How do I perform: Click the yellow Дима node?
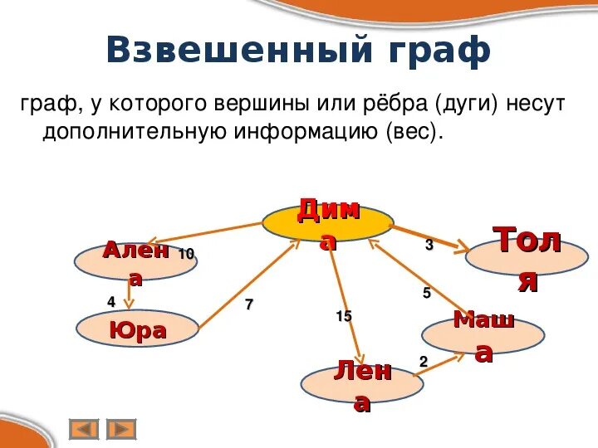click(x=328, y=222)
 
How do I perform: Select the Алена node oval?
click(x=124, y=262)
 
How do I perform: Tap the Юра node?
click(x=137, y=330)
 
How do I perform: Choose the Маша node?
click(x=483, y=336)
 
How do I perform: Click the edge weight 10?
click(x=186, y=254)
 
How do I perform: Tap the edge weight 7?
click(x=248, y=304)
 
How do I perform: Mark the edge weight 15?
click(x=344, y=316)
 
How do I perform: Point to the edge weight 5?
click(x=427, y=293)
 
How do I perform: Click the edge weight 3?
click(x=429, y=246)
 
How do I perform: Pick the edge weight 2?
click(x=423, y=362)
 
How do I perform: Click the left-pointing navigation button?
click(x=84, y=429)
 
